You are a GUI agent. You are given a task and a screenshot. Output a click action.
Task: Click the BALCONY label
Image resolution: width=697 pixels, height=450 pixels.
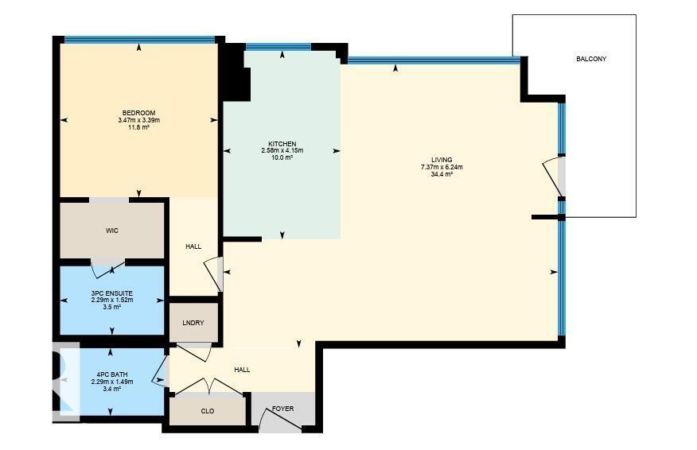[591, 59]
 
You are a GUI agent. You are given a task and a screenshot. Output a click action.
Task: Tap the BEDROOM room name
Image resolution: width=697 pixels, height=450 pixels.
[138, 112]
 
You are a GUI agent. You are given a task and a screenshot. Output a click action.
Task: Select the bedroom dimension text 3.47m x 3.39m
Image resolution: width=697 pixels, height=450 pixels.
[138, 120]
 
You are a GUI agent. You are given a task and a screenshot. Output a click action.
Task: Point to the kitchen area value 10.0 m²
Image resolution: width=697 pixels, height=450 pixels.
[282, 157]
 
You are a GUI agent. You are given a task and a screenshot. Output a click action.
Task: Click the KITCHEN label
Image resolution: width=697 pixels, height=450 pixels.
[282, 144]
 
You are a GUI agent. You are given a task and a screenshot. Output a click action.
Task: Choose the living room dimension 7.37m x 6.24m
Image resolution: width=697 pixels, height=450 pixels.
[442, 167]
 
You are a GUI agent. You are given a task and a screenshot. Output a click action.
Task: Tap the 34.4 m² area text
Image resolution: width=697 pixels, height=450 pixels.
[442, 174]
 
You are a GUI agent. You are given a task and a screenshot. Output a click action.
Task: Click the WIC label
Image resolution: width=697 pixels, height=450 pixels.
[112, 231]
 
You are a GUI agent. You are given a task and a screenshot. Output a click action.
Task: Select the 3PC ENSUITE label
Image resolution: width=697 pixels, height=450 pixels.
[111, 293]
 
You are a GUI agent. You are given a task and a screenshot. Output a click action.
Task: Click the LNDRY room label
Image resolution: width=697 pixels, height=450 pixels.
[193, 323]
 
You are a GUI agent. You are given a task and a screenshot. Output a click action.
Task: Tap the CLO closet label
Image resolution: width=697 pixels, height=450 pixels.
[208, 411]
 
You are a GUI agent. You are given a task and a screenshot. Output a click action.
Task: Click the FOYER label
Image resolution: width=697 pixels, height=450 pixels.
[282, 409]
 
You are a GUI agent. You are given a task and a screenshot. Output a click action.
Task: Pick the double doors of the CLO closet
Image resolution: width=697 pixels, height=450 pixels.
[208, 386]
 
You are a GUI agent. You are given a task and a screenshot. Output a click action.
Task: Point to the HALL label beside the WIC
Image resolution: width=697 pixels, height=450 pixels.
[193, 246]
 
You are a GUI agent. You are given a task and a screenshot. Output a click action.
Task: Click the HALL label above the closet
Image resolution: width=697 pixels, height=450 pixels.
[242, 370]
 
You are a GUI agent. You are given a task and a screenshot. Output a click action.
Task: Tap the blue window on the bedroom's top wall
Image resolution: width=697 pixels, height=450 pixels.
[139, 40]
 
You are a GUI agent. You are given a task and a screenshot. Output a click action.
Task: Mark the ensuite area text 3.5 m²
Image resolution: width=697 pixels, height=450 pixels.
[111, 307]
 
